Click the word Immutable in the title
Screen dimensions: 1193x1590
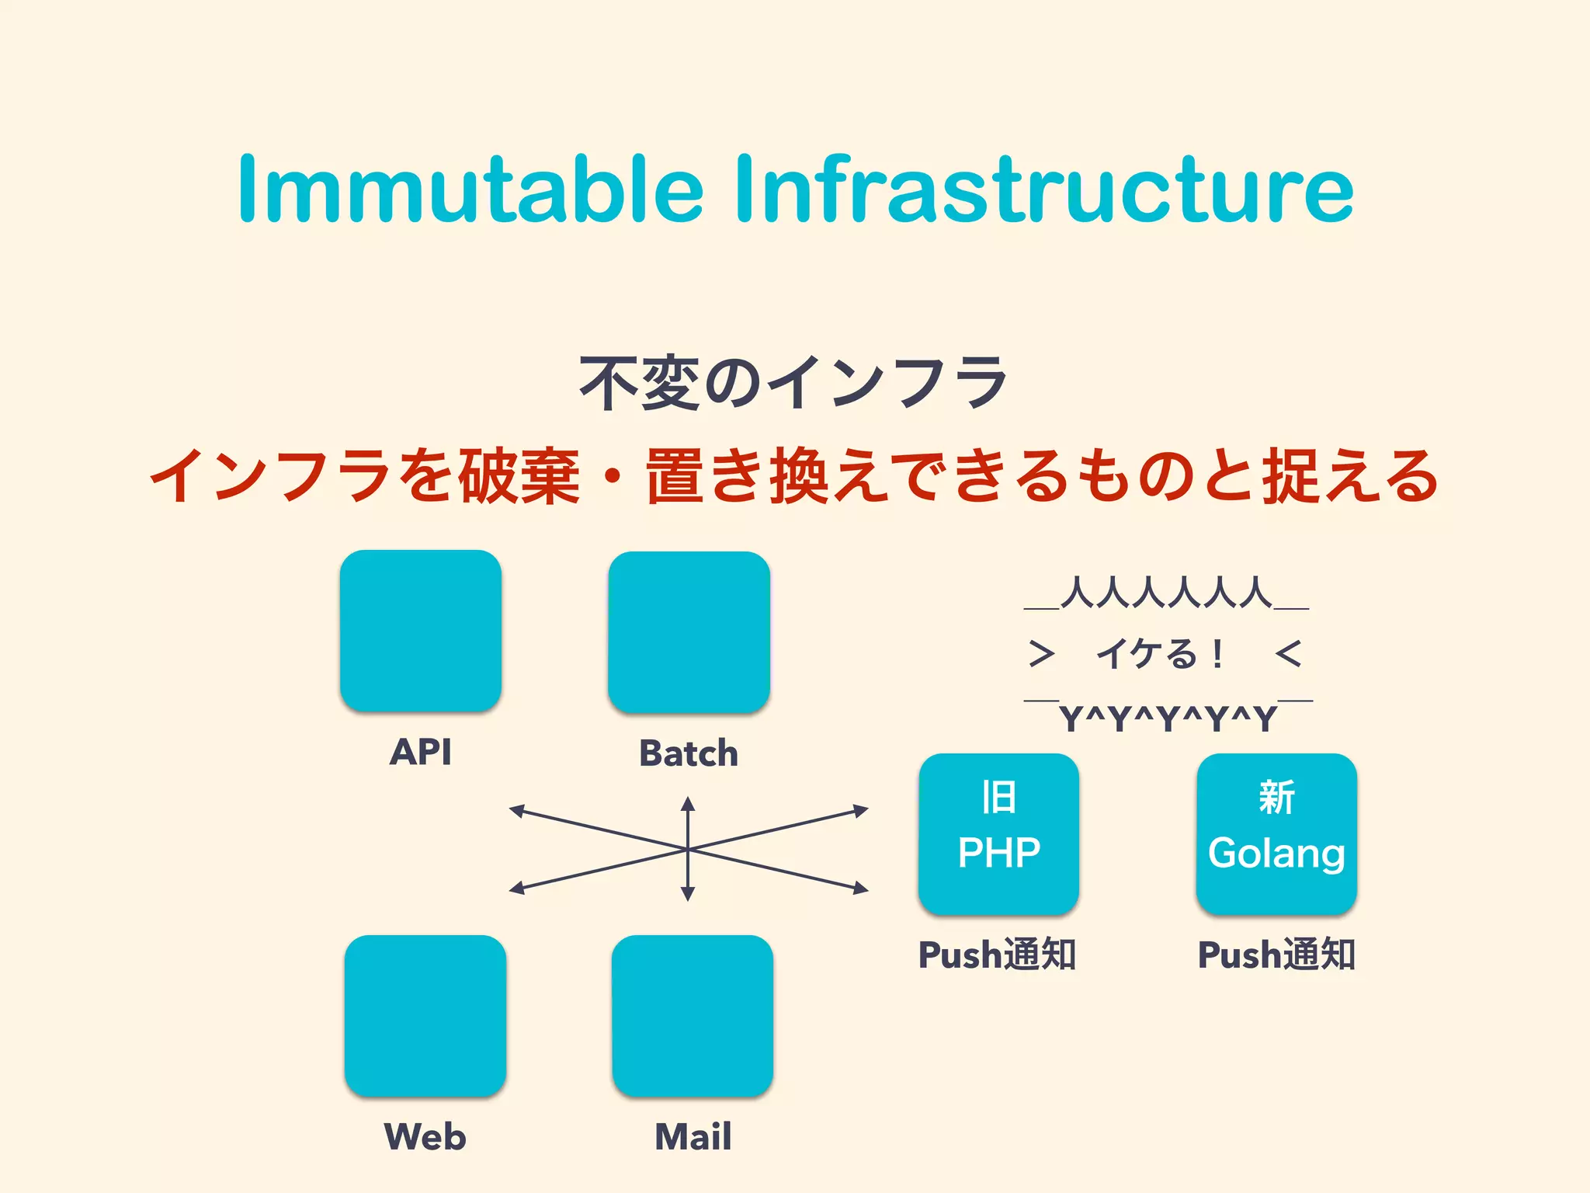pyautogui.click(x=470, y=190)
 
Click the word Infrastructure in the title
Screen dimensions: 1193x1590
pyautogui.click(x=1043, y=190)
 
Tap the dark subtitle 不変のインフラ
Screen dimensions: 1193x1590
pyautogui.click(x=793, y=382)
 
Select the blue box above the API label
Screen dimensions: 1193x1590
pyautogui.click(x=420, y=630)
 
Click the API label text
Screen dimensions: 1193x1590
pyautogui.click(x=420, y=752)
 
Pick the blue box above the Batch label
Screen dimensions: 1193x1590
pyautogui.click(x=689, y=631)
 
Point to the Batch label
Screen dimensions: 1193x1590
pyautogui.click(x=689, y=753)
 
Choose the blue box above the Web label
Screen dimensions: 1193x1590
pyautogui.click(x=425, y=1015)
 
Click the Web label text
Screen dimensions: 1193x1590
pyautogui.click(x=425, y=1136)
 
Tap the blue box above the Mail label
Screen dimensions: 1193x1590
pyautogui.click(x=692, y=1015)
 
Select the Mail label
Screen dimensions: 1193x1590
pyautogui.click(x=693, y=1136)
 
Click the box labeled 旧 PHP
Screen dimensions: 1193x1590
pyautogui.click(x=998, y=833)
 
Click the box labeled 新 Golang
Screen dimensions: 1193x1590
pyautogui.click(x=1276, y=833)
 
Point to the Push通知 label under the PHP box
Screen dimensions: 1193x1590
pyautogui.click(x=997, y=955)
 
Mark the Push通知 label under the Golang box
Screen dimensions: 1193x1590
pyautogui.click(x=1276, y=955)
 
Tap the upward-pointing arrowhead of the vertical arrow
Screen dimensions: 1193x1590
pyautogui.click(x=688, y=804)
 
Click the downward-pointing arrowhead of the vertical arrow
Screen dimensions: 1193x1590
pyautogui.click(x=688, y=894)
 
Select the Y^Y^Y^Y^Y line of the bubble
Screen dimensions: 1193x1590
pyautogui.click(x=1168, y=718)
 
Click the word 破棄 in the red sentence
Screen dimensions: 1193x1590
pyautogui.click(x=519, y=476)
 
